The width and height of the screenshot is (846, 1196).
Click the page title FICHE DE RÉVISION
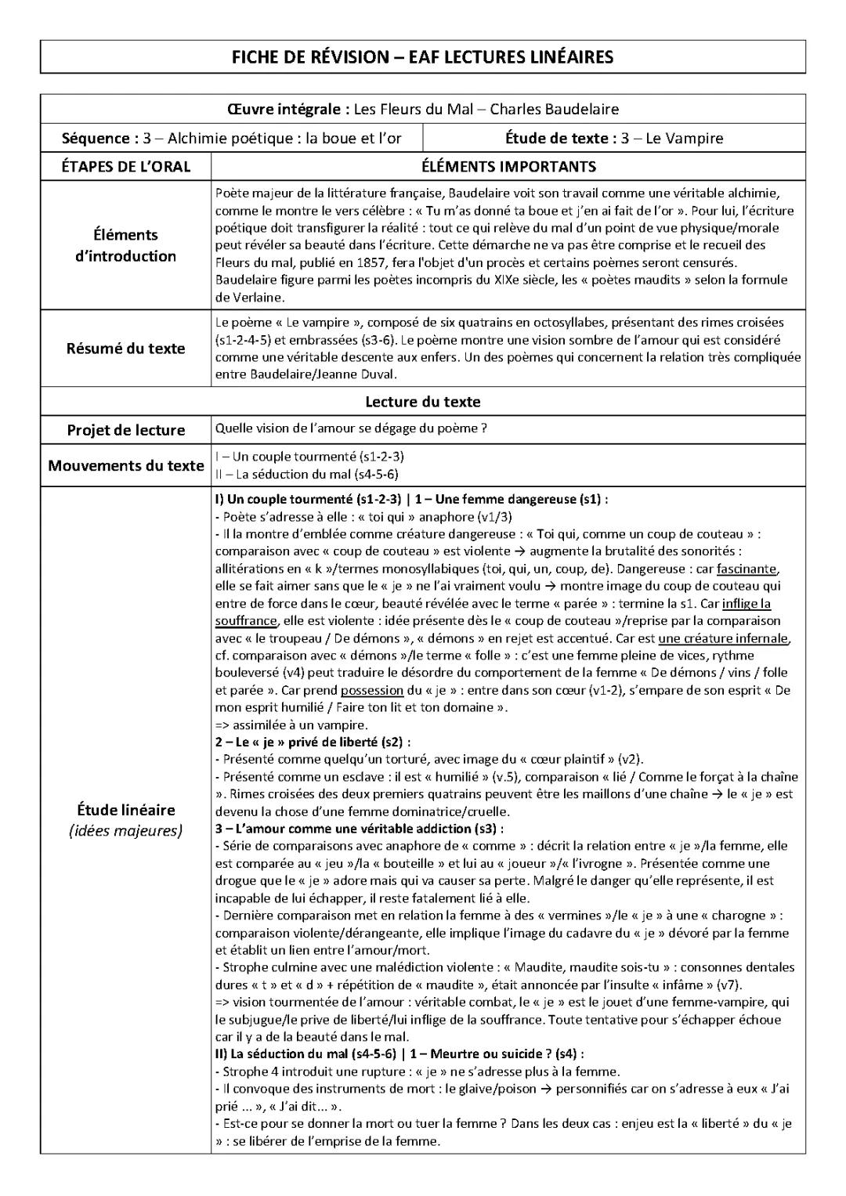[x=422, y=57]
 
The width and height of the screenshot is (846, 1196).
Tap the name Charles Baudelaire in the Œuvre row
[x=555, y=110]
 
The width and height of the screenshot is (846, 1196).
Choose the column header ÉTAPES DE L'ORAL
[x=125, y=167]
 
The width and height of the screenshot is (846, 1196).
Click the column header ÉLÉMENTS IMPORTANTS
[x=508, y=167]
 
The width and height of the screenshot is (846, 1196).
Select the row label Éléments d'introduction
[x=125, y=245]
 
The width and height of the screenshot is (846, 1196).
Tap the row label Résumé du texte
[x=125, y=349]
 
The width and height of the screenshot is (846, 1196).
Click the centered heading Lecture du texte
[x=422, y=402]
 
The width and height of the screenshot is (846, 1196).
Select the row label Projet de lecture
[x=125, y=430]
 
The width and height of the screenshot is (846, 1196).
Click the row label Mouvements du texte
[x=125, y=466]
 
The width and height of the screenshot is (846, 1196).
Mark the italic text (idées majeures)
[x=125, y=831]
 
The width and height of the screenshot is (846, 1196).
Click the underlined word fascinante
[x=747, y=569]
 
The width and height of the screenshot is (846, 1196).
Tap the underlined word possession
[x=371, y=690]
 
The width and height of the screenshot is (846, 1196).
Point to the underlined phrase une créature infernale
[x=724, y=638]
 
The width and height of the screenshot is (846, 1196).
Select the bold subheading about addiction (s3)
[x=360, y=829]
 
